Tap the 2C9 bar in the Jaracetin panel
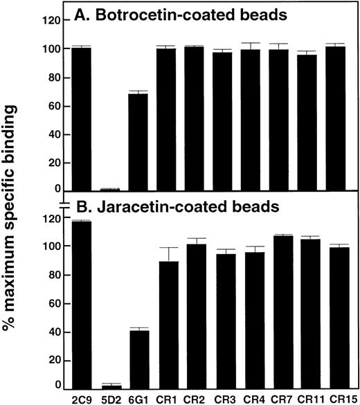coord(80,305)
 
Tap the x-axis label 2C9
coord(80,398)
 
